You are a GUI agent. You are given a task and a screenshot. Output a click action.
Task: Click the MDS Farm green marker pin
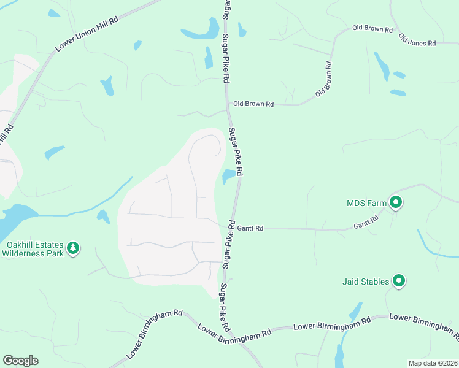click(x=396, y=201)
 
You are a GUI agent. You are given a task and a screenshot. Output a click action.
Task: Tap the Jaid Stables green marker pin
click(x=399, y=281)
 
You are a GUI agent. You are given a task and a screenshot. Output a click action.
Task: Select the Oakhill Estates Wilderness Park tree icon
click(x=74, y=248)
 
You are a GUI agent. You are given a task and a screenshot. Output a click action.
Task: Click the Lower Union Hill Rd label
click(x=87, y=34)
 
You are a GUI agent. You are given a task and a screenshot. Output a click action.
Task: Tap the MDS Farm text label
click(x=366, y=202)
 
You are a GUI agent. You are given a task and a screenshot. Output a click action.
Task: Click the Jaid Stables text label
click(x=366, y=282)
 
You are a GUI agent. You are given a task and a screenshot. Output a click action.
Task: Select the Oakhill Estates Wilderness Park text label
click(x=33, y=248)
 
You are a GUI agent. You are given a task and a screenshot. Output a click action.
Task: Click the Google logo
click(x=20, y=361)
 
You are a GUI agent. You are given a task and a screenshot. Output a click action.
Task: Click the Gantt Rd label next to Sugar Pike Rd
click(x=251, y=229)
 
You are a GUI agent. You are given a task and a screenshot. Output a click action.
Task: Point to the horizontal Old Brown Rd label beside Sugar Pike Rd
click(x=253, y=104)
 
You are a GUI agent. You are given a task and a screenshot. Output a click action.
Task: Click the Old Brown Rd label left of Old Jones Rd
click(x=372, y=29)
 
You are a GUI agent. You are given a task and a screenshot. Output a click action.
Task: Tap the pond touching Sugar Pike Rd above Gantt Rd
click(x=228, y=176)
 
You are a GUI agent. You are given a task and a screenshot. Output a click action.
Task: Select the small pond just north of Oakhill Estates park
click(x=103, y=217)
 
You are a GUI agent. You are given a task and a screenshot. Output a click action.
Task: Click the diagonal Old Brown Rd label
click(x=324, y=79)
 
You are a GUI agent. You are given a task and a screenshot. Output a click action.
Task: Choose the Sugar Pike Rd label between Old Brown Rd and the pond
click(x=236, y=150)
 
